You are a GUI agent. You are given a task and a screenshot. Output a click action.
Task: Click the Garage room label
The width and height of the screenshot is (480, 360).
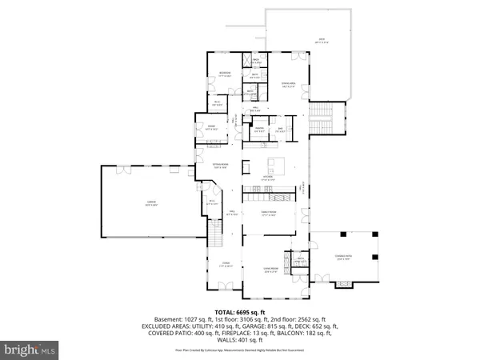coord(150,203)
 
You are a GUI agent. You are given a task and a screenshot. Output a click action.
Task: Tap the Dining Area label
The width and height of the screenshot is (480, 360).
coord(285,83)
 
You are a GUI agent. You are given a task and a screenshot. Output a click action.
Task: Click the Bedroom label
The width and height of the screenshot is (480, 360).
coord(226,74)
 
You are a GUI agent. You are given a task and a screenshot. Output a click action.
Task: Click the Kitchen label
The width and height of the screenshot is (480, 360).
coord(269,178)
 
